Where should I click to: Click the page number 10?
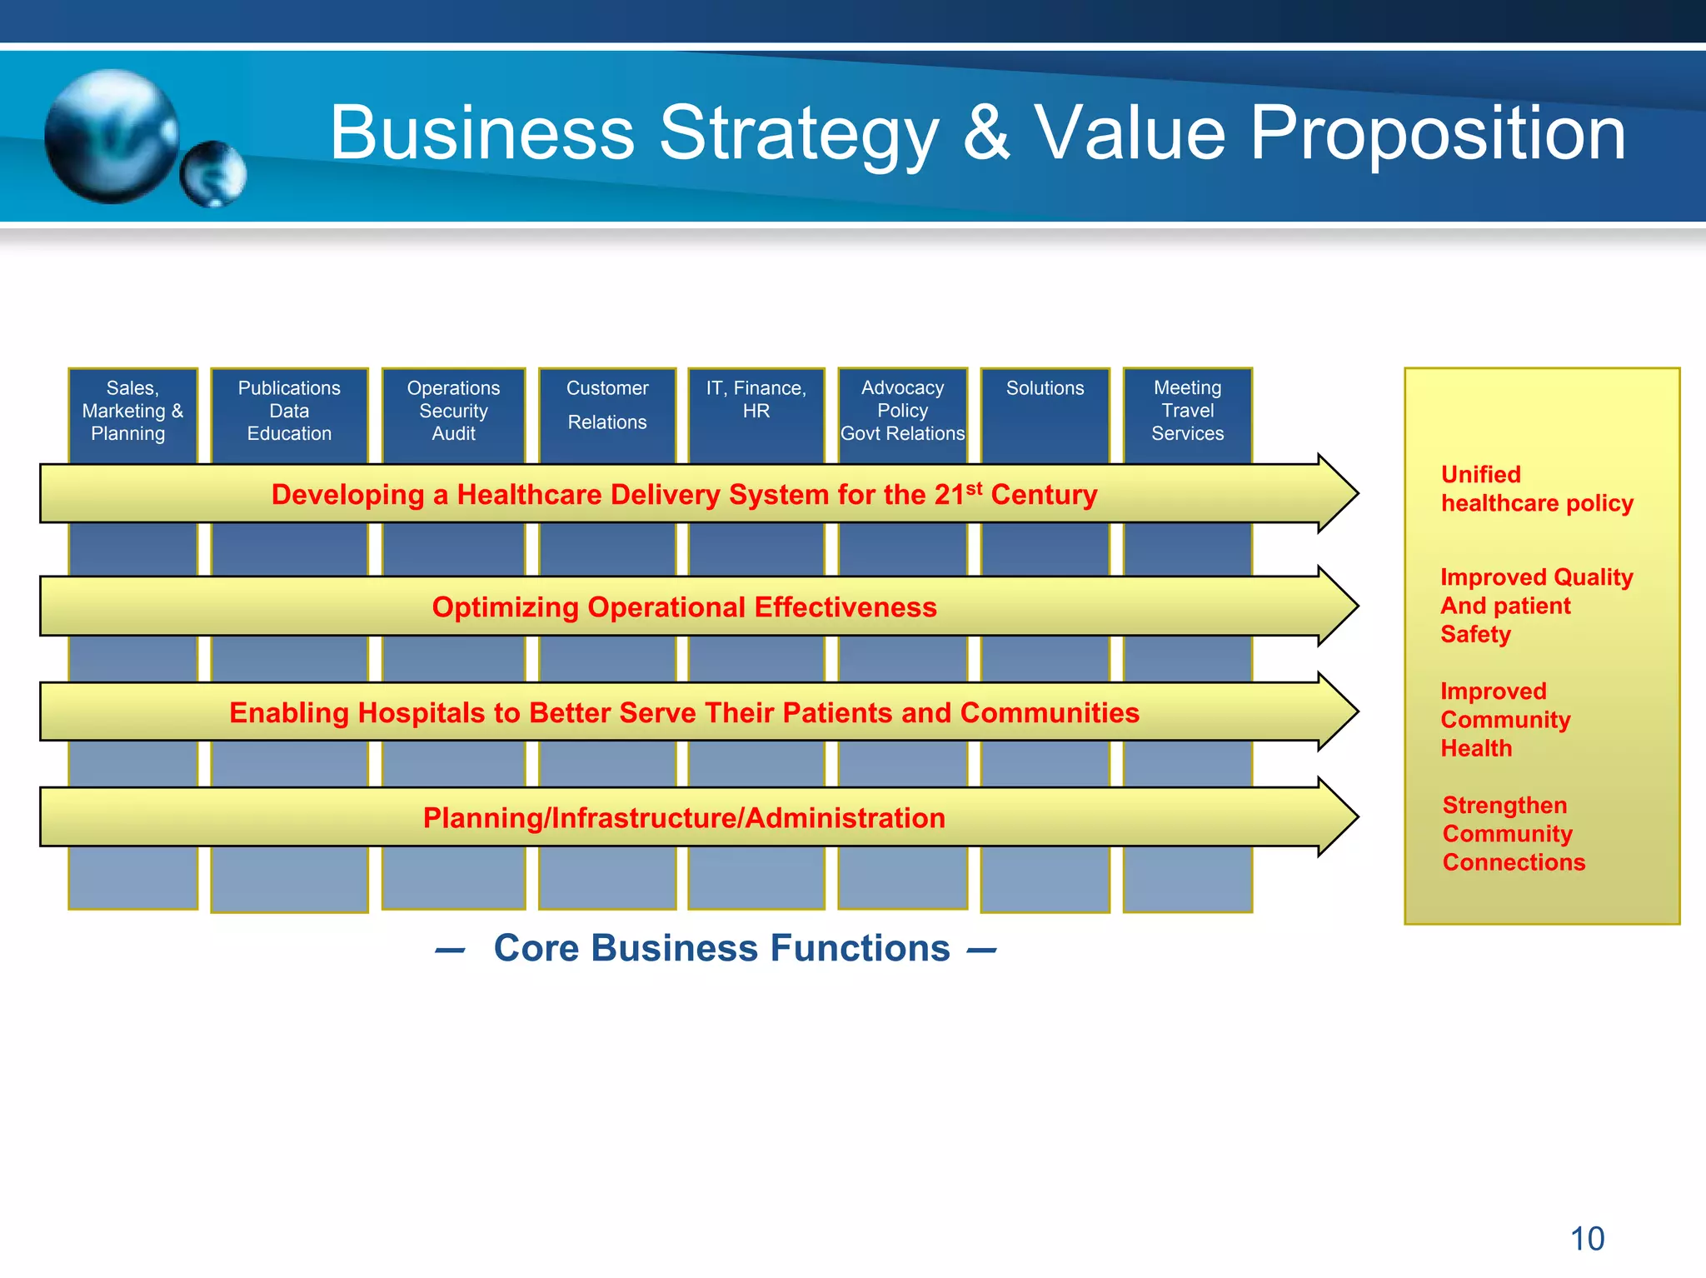pyautogui.click(x=1587, y=1239)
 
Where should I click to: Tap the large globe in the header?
pyautogui.click(x=111, y=136)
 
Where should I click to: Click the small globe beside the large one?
pyautogui.click(x=214, y=174)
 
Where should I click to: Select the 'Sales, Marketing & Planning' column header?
pyautogui.click(x=132, y=411)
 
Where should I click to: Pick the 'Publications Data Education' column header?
pyautogui.click(x=289, y=411)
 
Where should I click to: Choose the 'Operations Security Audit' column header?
pyautogui.click(x=453, y=411)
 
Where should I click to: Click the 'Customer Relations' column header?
pyautogui.click(x=607, y=405)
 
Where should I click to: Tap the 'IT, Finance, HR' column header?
pyautogui.click(x=756, y=400)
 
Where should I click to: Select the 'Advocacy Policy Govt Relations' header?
pyautogui.click(x=902, y=411)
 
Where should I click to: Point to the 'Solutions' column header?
pyautogui.click(x=1045, y=388)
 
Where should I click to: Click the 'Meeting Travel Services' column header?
pyautogui.click(x=1187, y=411)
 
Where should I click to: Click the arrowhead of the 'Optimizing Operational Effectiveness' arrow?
pyautogui.click(x=1336, y=607)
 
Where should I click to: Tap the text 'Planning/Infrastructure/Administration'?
pyautogui.click(x=684, y=818)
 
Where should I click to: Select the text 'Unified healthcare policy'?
pyautogui.click(x=1536, y=489)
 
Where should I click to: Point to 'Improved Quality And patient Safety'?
pyautogui.click(x=1536, y=606)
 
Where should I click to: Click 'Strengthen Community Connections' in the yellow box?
pyautogui.click(x=1514, y=834)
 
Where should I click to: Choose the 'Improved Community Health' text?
pyautogui.click(x=1505, y=720)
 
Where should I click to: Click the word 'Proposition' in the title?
pyautogui.click(x=1437, y=133)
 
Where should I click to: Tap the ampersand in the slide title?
pyautogui.click(x=986, y=133)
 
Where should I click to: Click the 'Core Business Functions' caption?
pyautogui.click(x=721, y=948)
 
